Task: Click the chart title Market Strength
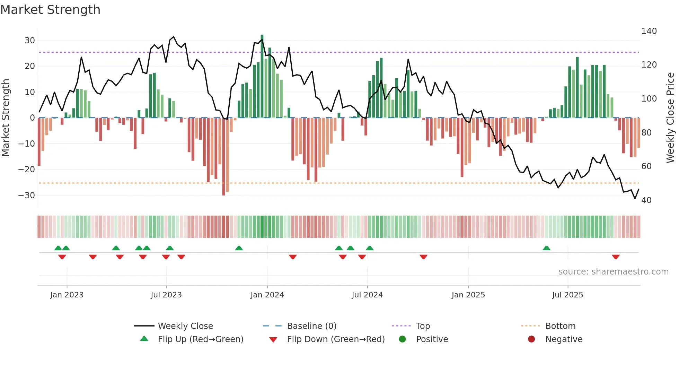[x=50, y=10]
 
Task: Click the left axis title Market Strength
[x=6, y=118]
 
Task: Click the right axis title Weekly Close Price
[x=670, y=118]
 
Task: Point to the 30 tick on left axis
[x=30, y=41]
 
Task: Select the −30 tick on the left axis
[x=27, y=196]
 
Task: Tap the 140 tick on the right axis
[x=649, y=31]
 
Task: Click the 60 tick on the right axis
[x=646, y=166]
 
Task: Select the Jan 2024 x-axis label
[x=267, y=295]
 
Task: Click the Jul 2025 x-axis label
[x=567, y=295]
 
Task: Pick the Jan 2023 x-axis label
[x=67, y=295]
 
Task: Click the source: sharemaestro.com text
[x=613, y=272]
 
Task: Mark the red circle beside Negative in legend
[x=531, y=339]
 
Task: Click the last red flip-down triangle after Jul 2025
[x=616, y=257]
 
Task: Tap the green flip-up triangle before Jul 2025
[x=546, y=248]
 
